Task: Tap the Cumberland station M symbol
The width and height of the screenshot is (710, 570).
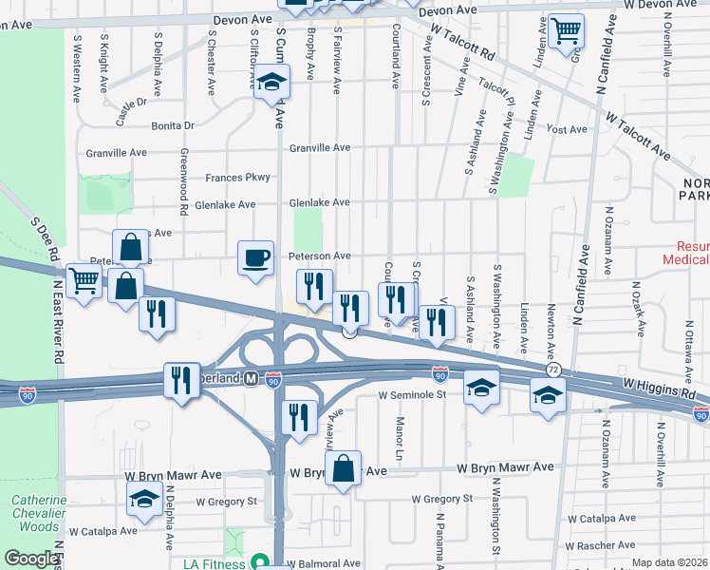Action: (251, 378)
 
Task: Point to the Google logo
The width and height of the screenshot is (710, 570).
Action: (30, 560)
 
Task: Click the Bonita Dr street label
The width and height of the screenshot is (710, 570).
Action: (172, 125)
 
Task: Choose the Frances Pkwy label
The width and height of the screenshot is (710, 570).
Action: (238, 178)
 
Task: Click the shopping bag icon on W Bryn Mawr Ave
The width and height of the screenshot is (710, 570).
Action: (344, 467)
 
